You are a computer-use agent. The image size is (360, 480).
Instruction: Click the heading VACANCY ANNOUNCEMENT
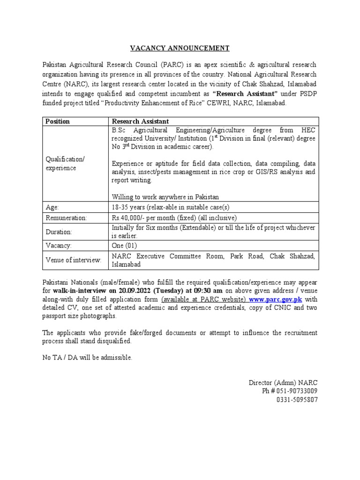tap(180, 48)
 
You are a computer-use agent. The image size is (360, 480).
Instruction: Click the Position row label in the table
tap(57, 121)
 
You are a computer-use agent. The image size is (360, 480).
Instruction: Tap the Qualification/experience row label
tap(65, 164)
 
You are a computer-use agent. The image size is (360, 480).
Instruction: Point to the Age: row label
tap(52, 207)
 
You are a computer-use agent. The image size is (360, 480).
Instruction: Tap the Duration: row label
tap(59, 232)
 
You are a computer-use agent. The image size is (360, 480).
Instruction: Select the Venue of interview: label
tap(73, 260)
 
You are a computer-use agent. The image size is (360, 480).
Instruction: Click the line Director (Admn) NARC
tap(283, 382)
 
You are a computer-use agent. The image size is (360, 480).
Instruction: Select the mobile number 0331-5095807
tap(297, 399)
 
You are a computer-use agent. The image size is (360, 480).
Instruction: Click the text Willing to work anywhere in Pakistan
tap(165, 196)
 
